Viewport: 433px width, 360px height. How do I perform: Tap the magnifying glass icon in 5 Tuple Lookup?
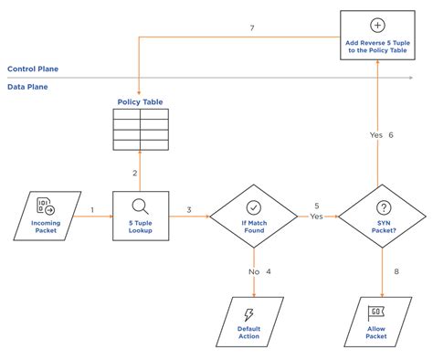141,206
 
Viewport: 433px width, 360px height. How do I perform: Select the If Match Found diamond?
253,216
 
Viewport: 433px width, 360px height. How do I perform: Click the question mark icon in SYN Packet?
382,207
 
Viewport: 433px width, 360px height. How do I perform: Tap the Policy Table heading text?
140,101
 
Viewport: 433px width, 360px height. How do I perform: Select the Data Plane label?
28,87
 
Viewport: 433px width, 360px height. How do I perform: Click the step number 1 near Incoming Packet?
92,211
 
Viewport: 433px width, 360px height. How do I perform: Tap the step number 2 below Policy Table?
134,173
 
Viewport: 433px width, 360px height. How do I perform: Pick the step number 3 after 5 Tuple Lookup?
188,211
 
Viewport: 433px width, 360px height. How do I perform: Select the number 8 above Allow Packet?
396,271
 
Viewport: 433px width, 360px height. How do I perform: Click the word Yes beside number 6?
375,134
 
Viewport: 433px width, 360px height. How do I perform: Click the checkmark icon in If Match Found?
253,206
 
